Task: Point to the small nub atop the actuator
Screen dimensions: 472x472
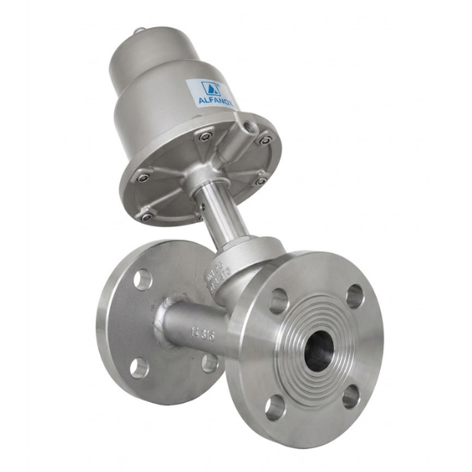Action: coord(138,31)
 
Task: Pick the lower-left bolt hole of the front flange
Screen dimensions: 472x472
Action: coord(275,407)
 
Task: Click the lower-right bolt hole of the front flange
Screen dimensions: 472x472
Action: coord(351,396)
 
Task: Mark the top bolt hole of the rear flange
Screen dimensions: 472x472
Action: coord(142,278)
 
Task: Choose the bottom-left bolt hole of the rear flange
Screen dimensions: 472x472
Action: coord(138,367)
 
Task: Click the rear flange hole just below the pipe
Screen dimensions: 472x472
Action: coord(209,363)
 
